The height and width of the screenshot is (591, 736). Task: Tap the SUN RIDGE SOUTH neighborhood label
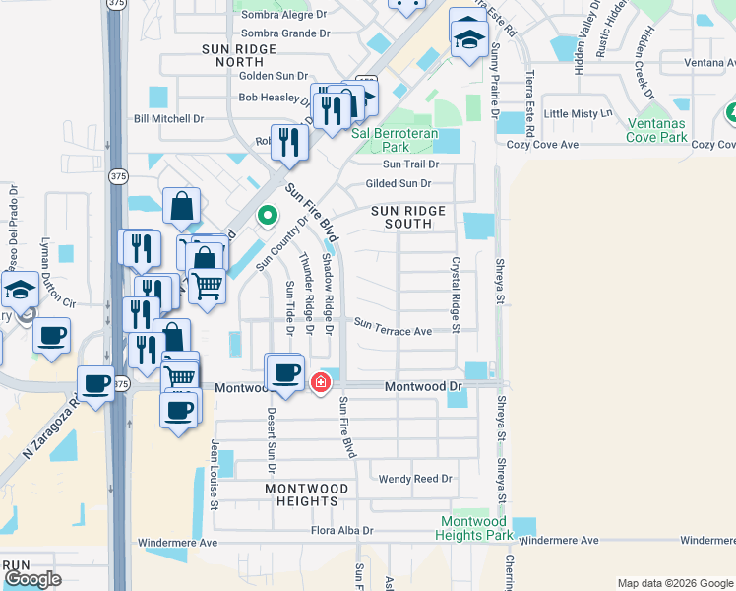(x=408, y=217)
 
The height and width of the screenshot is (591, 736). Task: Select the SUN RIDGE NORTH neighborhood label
(x=247, y=54)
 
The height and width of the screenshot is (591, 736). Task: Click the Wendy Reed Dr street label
(x=415, y=479)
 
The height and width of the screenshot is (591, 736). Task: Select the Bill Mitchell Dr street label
(x=168, y=119)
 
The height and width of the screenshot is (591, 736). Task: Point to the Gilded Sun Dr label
(x=399, y=184)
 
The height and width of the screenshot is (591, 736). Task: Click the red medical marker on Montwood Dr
(x=321, y=382)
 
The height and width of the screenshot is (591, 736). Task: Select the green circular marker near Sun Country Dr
(x=266, y=214)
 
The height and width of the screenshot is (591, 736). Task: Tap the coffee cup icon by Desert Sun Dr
(x=285, y=373)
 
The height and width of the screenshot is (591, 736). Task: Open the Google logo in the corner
(x=32, y=579)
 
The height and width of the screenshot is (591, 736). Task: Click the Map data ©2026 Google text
(x=674, y=583)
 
